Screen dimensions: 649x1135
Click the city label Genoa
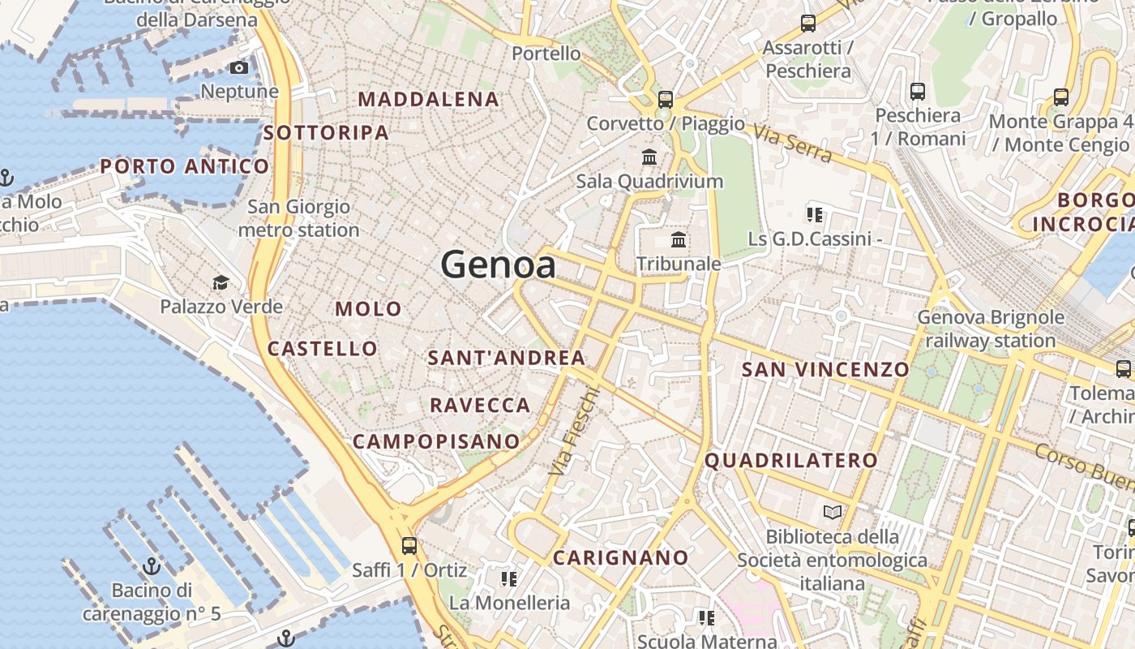498,265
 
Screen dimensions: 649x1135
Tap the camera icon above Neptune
239,68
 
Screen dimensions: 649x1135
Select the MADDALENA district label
429,100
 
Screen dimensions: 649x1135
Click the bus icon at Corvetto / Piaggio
666,100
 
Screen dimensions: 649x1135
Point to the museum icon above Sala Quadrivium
649,157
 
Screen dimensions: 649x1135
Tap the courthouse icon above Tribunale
679,240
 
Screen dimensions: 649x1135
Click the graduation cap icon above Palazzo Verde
221,283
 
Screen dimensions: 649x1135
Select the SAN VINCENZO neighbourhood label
825,370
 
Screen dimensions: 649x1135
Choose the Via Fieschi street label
575,431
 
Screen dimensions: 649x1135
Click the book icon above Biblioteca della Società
833,513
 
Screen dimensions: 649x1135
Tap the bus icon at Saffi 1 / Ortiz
409,546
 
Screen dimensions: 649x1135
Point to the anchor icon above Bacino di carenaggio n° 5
152,565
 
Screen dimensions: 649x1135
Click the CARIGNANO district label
620,558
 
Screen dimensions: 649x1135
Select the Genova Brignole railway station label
990,329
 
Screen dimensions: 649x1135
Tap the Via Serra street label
791,143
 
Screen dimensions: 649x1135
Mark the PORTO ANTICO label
184,167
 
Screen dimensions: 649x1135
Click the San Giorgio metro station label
298,218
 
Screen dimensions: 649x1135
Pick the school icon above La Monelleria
509,579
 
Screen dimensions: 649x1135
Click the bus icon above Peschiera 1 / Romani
918,92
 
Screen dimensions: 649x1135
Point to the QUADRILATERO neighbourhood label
790,461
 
